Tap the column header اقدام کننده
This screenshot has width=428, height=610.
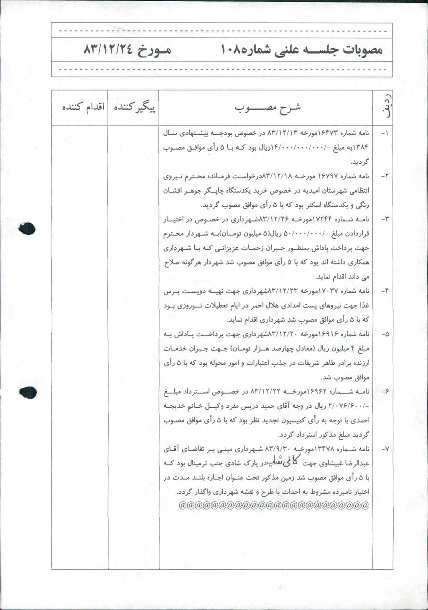tap(83, 108)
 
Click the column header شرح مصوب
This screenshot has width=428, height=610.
tap(267, 108)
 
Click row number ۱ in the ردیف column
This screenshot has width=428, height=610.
tap(385, 133)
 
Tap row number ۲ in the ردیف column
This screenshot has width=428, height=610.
tap(385, 176)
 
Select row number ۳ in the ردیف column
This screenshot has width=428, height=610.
tap(385, 219)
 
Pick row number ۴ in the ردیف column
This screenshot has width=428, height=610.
tap(385, 291)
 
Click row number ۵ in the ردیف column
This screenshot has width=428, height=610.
tap(385, 334)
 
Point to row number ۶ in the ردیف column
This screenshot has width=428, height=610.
tap(385, 391)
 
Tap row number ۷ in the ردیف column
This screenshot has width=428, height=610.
tap(385, 449)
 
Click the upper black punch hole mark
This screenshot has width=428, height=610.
tap(28, 228)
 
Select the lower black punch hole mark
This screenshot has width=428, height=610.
tap(28, 392)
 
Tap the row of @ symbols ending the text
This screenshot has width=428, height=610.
tap(274, 505)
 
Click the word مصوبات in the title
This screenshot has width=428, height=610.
tap(362, 50)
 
